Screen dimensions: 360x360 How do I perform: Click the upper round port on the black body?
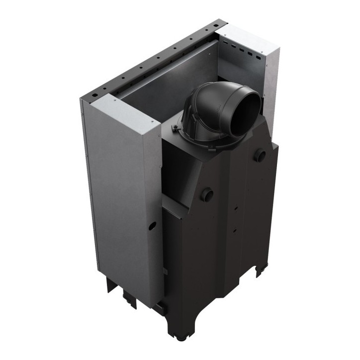pyautogui.click(x=260, y=156)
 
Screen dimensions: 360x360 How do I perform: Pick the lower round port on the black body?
pyautogui.click(x=207, y=195)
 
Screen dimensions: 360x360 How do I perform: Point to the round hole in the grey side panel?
pyautogui.click(x=153, y=224)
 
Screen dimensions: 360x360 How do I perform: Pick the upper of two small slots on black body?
pyautogui.click(x=236, y=208)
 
